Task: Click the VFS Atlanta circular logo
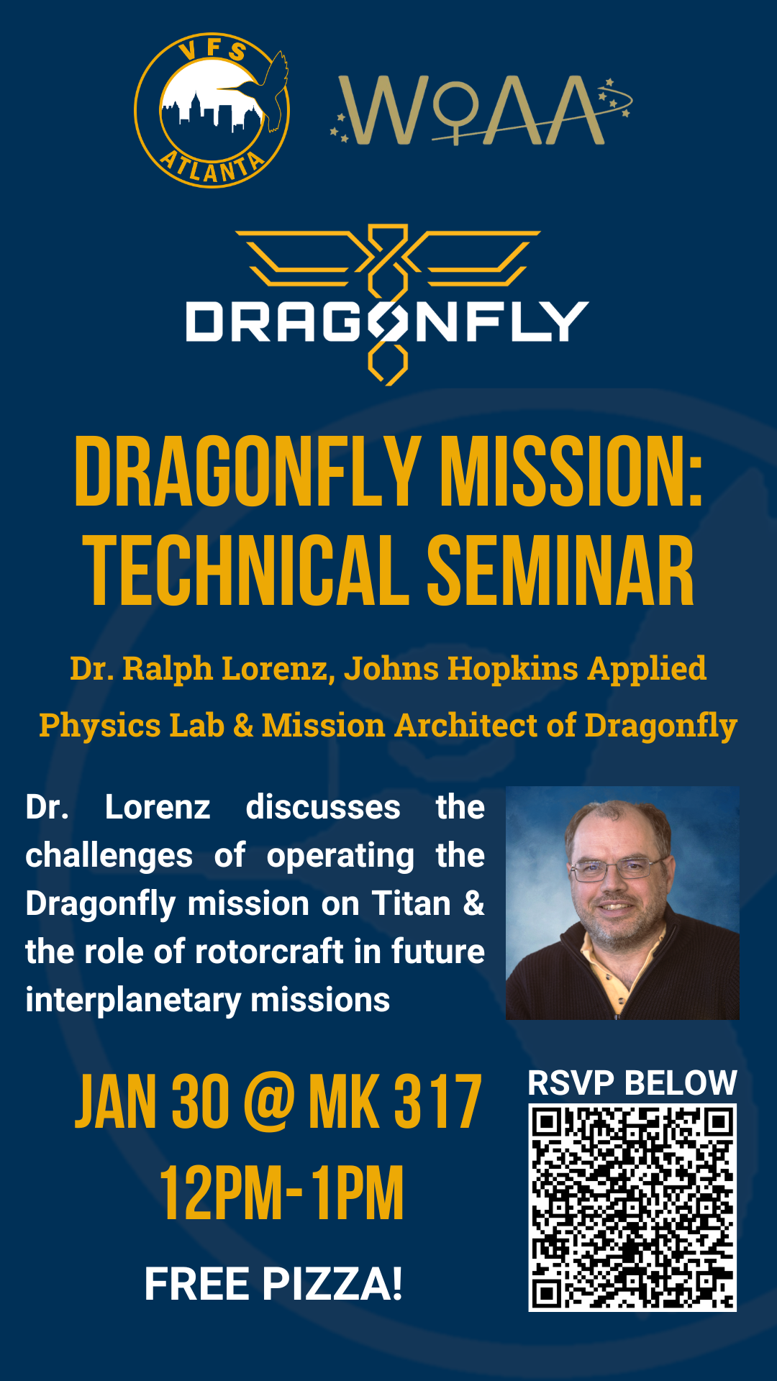click(212, 110)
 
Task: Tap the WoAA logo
click(481, 110)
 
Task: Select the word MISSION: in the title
click(571, 473)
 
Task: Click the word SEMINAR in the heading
click(561, 570)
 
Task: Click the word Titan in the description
click(412, 903)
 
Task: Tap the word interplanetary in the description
click(133, 1001)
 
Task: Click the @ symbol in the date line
click(269, 1102)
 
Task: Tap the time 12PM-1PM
click(281, 1193)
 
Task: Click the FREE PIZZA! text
click(273, 1285)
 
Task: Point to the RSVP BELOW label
click(632, 1083)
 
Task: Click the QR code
click(632, 1208)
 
